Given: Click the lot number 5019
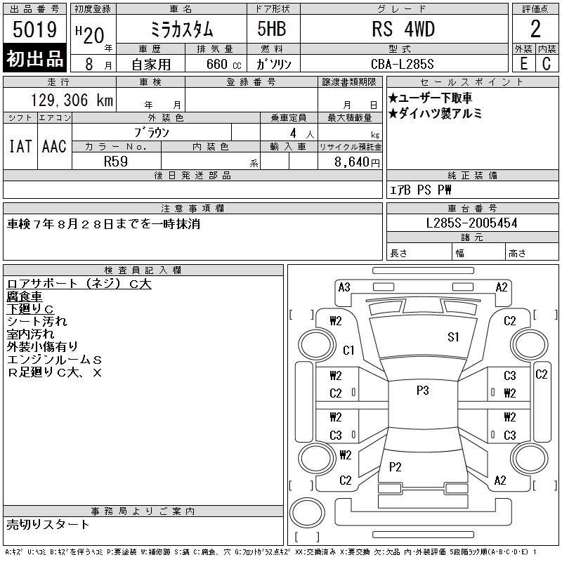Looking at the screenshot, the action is [34, 30].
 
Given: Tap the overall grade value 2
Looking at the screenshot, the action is [535, 29].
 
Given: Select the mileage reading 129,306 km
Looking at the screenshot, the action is [72, 100].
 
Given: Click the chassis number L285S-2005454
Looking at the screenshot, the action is [471, 223].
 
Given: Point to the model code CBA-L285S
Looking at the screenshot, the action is [402, 64].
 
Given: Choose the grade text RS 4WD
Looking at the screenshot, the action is [403, 29].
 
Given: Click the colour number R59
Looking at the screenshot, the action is [116, 162].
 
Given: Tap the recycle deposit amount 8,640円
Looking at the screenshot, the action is [357, 162].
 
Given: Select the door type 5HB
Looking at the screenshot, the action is [272, 29].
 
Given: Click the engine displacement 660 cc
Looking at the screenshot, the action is [223, 64].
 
